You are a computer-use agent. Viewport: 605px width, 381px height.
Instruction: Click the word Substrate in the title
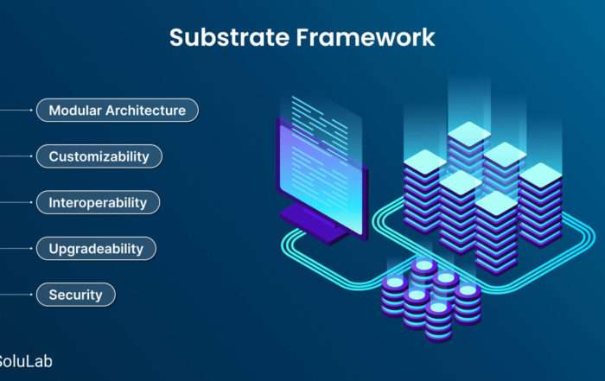coord(229,37)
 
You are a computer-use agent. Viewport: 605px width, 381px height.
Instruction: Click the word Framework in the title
coord(366,37)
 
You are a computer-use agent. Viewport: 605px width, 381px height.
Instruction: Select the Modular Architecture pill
coord(118,111)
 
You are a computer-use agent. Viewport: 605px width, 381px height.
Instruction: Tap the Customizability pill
coord(99,156)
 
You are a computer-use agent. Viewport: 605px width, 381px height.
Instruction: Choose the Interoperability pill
coord(98,202)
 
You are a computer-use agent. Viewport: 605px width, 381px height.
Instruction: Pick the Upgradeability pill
coord(96,248)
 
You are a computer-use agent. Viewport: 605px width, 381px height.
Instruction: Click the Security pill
coord(76,295)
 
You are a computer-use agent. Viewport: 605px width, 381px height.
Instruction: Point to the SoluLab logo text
coord(25,361)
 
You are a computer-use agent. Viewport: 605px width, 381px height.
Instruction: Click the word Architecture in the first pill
coord(145,111)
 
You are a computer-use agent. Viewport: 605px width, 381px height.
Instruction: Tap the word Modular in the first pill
coord(75,111)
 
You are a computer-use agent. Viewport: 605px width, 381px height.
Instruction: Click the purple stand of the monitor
coord(313,225)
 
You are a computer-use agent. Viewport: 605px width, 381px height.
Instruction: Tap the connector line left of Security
coord(16,295)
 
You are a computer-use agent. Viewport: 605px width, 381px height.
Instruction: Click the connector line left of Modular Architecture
coord(16,111)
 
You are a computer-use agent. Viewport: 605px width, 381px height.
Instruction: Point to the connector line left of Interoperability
coord(16,202)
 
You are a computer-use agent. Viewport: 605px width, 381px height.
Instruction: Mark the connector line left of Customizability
coord(16,156)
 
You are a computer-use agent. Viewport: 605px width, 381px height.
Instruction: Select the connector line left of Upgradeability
coord(16,248)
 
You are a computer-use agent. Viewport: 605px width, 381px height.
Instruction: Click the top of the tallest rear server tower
coord(468,133)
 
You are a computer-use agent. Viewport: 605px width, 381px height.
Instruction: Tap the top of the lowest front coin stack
coord(438,308)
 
